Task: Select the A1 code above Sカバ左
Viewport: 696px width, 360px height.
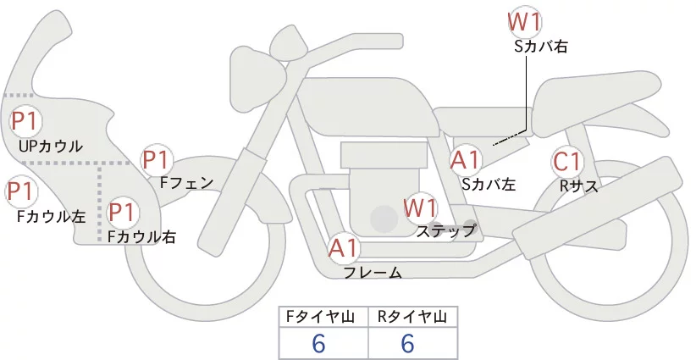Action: tap(466, 160)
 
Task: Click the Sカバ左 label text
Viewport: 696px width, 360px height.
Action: tap(489, 184)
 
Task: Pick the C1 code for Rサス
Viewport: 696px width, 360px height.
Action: tap(566, 162)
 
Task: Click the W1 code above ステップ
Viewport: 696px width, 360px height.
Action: tap(420, 207)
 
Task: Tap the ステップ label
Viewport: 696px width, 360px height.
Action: tap(446, 230)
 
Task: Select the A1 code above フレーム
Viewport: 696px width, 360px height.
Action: tap(344, 248)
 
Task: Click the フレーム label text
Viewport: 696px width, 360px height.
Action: tap(372, 273)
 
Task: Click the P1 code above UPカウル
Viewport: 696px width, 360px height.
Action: tap(24, 121)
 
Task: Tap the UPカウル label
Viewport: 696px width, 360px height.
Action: tap(50, 147)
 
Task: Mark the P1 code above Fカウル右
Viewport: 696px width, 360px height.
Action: tap(121, 212)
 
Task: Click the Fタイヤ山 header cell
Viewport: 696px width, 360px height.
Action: tap(323, 317)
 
